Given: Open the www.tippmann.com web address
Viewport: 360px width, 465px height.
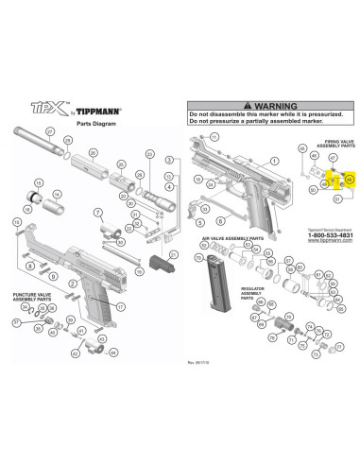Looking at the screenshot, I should pos(328,243).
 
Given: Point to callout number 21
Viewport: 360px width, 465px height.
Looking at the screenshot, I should pos(171,253).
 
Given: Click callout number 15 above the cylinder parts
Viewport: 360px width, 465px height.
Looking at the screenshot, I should pos(38,181).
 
